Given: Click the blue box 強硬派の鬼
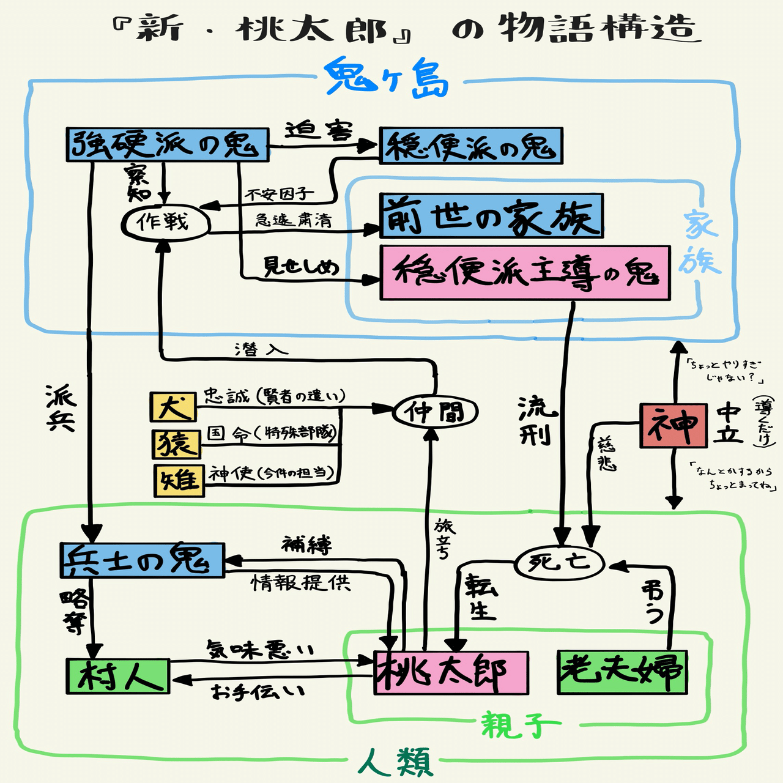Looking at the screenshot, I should click(167, 145).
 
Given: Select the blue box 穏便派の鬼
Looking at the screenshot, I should click(470, 146).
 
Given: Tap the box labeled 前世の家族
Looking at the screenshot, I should click(491, 216).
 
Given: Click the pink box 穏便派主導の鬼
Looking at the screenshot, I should click(524, 273).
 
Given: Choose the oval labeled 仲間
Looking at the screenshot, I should click(434, 412).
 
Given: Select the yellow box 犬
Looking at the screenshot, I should click(174, 407).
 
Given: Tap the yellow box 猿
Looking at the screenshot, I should click(177, 443).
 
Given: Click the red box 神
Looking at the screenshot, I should click(673, 425).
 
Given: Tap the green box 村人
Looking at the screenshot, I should click(117, 676).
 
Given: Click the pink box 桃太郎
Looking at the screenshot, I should click(451, 673).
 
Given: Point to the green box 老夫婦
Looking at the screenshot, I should click(622, 672).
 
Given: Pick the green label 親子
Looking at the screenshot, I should click(519, 725).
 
